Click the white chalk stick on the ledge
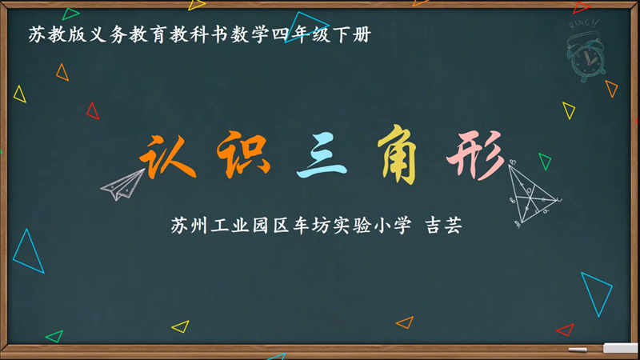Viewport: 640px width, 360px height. tap(578, 350)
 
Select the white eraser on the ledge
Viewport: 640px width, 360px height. tap(620, 349)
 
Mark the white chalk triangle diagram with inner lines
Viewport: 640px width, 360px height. tap(530, 193)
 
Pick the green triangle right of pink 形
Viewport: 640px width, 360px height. tap(545, 161)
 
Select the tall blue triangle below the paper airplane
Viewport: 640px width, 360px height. tap(29, 253)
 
